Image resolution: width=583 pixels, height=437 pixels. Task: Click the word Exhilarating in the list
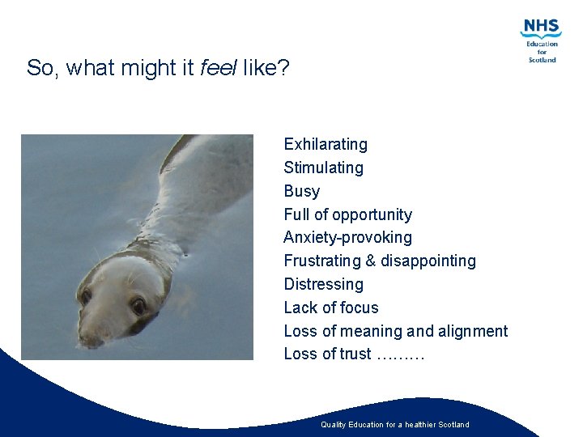325,145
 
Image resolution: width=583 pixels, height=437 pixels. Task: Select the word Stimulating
323,168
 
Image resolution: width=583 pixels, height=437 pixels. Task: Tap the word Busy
301,192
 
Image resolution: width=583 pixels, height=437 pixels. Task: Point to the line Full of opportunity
347,214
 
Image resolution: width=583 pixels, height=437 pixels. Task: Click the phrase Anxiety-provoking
347,238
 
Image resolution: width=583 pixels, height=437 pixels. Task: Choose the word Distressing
323,284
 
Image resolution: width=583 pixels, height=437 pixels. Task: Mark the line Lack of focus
330,308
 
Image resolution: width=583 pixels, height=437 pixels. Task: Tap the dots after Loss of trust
401,354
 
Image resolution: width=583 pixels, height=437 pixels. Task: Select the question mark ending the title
283,68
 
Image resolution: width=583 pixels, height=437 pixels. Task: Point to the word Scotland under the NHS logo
542,60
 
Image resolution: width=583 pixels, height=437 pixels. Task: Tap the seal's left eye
85,296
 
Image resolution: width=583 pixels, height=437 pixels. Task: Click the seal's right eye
138,306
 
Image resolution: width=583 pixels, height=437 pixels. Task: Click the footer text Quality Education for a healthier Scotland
394,425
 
